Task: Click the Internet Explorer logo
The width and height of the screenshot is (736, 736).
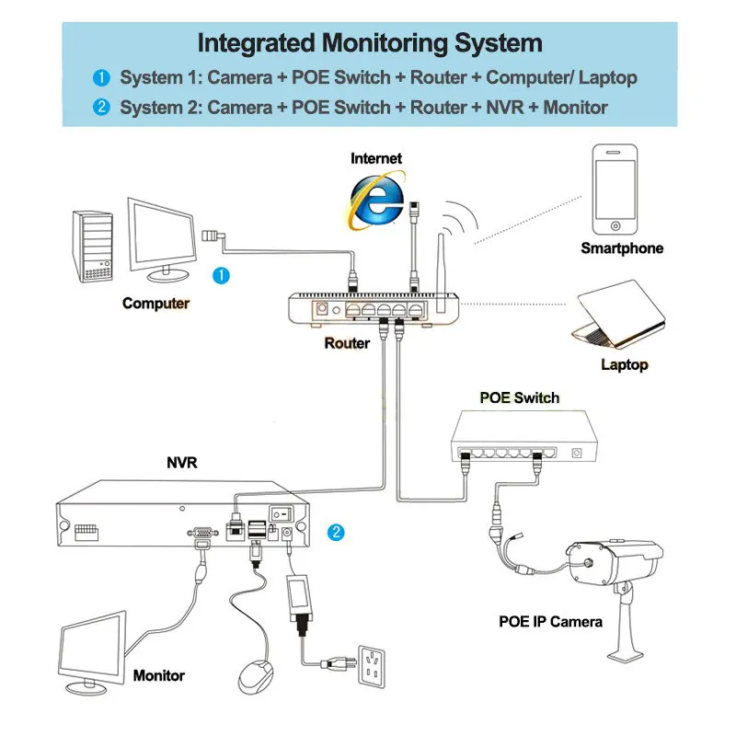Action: [376, 201]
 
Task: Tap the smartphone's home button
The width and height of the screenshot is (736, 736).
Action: [615, 225]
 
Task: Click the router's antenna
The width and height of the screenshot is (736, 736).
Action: [441, 272]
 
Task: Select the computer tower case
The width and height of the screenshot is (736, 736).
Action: [93, 246]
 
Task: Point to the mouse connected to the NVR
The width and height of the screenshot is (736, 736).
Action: [256, 676]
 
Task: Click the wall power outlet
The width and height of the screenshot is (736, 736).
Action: [372, 666]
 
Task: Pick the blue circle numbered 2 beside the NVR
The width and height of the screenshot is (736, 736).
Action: [336, 532]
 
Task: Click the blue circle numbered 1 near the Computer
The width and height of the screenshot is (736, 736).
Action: [221, 275]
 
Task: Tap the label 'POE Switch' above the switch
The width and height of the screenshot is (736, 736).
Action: [520, 397]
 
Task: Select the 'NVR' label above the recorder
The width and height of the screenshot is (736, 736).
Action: [182, 463]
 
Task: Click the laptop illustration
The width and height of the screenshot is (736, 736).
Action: [618, 314]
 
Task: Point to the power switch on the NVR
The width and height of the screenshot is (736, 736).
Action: [282, 514]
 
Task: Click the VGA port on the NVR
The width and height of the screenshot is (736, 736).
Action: [202, 533]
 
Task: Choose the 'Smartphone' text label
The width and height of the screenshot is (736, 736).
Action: [622, 247]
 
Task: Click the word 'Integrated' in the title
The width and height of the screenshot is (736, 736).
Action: [257, 43]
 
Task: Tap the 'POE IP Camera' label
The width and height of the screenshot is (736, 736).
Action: [550, 622]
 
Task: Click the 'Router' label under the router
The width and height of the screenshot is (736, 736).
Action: [347, 343]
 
